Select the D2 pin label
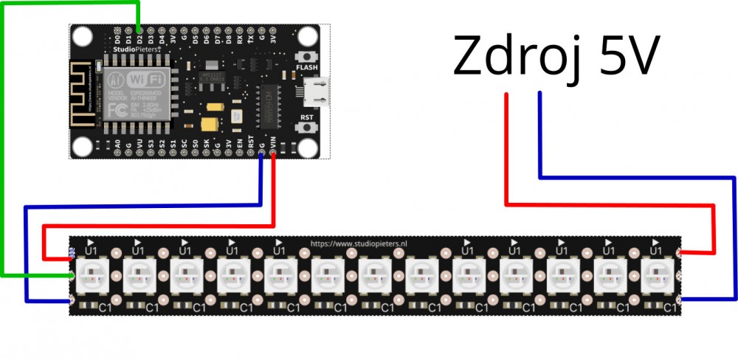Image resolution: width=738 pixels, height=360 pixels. (x=139, y=37)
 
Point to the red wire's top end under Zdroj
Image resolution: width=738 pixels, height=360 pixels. (x=507, y=94)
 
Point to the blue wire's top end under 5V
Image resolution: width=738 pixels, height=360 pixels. (x=541, y=94)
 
